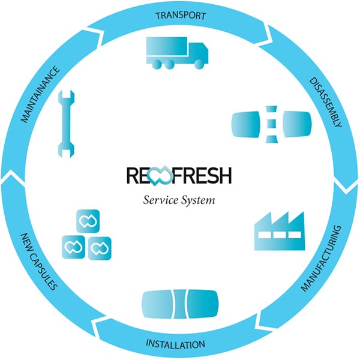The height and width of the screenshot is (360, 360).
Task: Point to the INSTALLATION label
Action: (176, 344)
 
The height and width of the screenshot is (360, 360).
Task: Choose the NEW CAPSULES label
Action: (39, 261)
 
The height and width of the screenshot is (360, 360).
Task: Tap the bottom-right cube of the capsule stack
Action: (100, 247)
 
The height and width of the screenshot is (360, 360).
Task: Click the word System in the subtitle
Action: (198, 200)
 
